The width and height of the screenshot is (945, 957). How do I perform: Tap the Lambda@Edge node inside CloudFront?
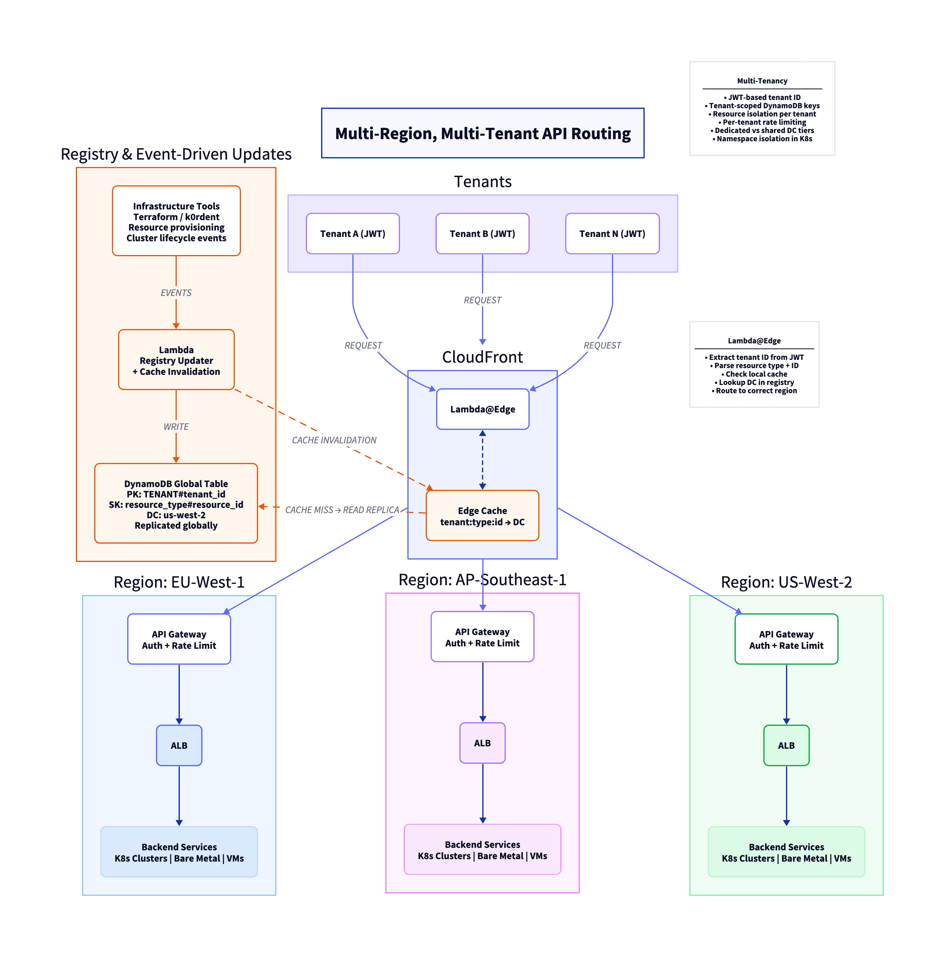click(482, 409)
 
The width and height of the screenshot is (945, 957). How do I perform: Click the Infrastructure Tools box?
click(176, 221)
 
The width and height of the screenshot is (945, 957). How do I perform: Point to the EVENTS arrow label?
click(176, 293)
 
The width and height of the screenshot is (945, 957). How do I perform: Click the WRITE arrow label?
click(176, 427)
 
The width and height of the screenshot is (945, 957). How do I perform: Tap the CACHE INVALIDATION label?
click(334, 440)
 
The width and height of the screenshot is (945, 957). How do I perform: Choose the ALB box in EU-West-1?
click(179, 745)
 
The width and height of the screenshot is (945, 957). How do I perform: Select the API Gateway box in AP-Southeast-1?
click(482, 637)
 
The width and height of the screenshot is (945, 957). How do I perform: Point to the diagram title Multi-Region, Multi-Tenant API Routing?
click(482, 133)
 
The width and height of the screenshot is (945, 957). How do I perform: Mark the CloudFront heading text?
click(482, 357)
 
